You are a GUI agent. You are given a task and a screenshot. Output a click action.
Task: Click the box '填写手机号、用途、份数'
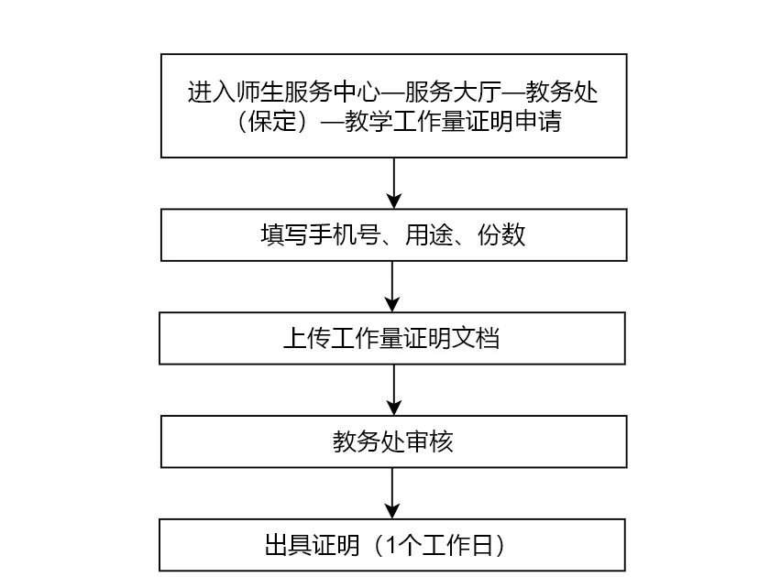394,235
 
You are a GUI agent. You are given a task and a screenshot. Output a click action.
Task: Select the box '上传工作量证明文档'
392,339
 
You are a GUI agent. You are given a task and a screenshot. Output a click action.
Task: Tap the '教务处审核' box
394,441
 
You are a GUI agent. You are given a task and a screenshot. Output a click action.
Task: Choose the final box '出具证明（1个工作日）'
392,545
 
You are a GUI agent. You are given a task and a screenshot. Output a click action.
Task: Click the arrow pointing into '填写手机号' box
394,183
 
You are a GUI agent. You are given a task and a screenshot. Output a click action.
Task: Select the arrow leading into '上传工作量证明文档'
392,287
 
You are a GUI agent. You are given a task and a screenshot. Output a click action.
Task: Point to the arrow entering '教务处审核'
394,390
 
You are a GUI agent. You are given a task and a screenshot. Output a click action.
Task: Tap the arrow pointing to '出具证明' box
392,493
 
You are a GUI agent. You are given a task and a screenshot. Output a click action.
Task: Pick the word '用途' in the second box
429,235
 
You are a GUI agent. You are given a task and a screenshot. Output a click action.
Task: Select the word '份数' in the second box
501,235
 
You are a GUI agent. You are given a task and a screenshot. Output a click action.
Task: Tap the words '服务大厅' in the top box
453,92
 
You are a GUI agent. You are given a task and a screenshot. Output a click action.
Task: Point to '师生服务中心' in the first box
308,92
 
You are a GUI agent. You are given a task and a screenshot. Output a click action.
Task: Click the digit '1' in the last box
391,545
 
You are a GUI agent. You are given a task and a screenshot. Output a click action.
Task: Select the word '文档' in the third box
476,339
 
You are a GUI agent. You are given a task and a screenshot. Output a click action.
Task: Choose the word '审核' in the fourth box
429,441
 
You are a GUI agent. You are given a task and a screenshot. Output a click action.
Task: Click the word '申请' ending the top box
538,121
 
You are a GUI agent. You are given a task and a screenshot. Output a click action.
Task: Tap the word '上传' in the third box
307,339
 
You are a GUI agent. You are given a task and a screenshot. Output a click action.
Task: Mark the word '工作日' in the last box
457,545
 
